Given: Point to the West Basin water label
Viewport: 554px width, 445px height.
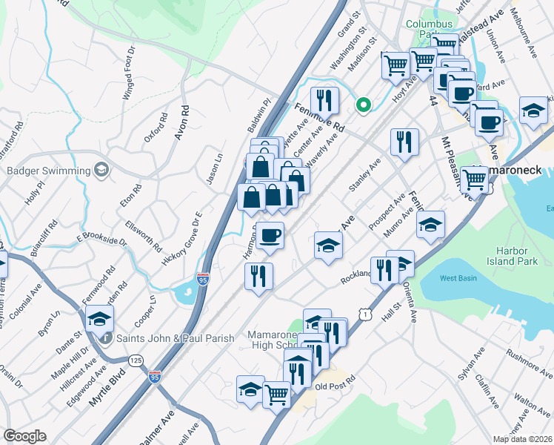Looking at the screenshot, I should pyautogui.click(x=458, y=278).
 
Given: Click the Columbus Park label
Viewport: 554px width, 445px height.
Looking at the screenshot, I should pyautogui.click(x=429, y=29).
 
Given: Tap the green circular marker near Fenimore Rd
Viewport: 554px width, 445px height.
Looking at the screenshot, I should pyautogui.click(x=363, y=105).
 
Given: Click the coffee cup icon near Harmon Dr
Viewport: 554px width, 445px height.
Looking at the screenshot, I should pyautogui.click(x=271, y=235).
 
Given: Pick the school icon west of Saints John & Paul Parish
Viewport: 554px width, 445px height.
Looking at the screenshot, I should pyautogui.click(x=98, y=320).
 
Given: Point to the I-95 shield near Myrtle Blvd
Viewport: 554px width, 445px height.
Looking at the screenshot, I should pyautogui.click(x=155, y=378).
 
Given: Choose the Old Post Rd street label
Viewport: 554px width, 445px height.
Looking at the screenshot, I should pyautogui.click(x=335, y=386).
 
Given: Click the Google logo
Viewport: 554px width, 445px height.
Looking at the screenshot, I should pyautogui.click(x=24, y=435).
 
